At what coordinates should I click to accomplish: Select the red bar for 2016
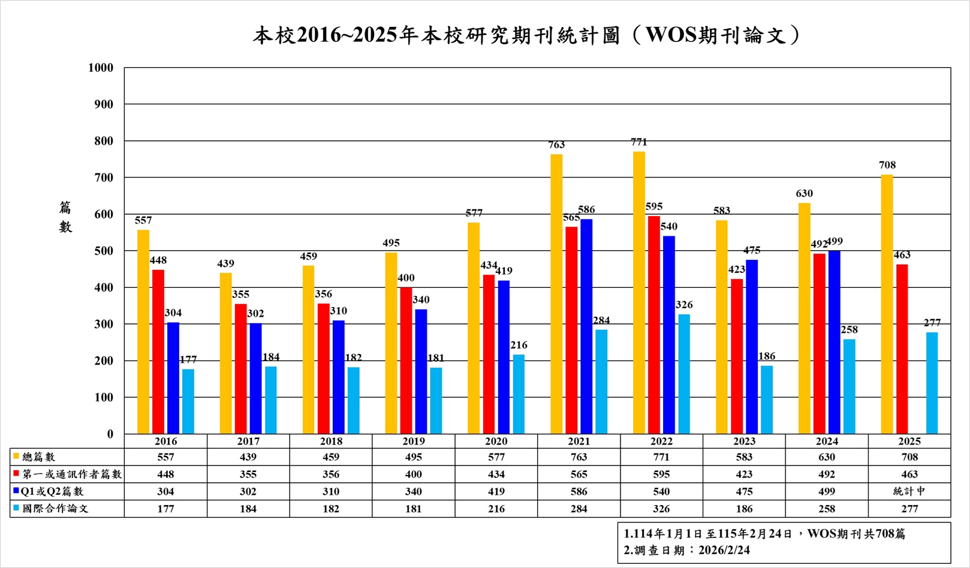tap(158, 351)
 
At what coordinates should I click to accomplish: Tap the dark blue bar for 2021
tap(586, 326)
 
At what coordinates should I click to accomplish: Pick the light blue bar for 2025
tap(932, 383)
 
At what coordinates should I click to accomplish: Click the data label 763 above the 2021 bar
tap(556, 145)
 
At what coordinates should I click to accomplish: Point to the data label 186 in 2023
tap(767, 356)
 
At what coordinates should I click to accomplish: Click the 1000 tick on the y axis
tap(101, 68)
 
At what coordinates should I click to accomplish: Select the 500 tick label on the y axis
tap(103, 251)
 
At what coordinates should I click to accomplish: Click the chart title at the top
tap(526, 35)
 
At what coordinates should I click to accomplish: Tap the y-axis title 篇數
tap(65, 217)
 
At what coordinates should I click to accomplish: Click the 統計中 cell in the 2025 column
tap(909, 491)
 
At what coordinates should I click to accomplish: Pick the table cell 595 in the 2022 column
tap(661, 474)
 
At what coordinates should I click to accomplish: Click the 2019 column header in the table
tap(414, 441)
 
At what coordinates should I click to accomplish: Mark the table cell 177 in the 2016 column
tap(165, 509)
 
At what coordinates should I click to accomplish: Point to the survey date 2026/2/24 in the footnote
tap(724, 550)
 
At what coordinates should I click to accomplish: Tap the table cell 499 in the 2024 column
tap(826, 491)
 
